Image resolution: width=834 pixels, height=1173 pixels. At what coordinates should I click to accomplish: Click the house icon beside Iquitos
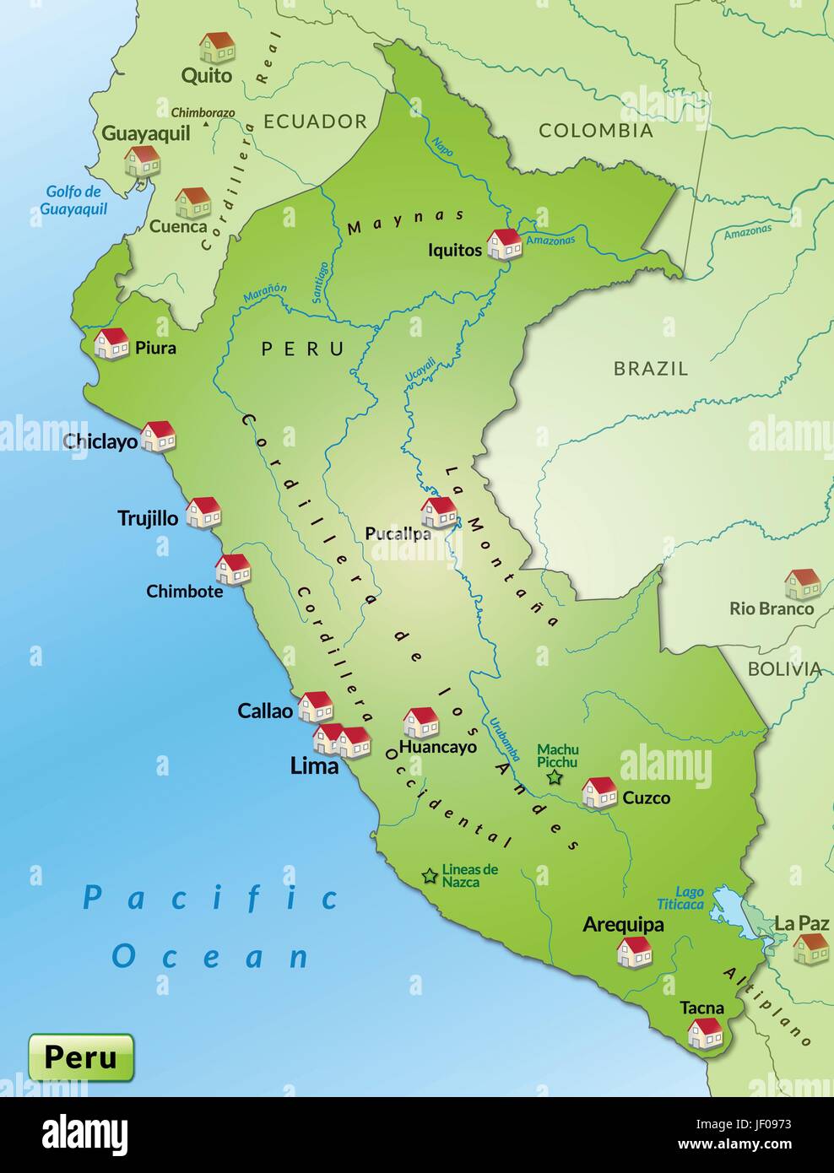pos(505,243)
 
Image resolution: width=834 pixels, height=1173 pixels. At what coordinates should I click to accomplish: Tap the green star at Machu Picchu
pos(555,777)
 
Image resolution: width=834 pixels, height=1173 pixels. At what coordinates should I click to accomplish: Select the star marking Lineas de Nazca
pos(430,876)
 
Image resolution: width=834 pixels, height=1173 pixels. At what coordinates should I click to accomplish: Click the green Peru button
pos(81,1057)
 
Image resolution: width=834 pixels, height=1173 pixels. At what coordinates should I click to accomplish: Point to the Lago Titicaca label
pos(680,898)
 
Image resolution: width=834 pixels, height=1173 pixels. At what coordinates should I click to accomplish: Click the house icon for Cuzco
pos(599,792)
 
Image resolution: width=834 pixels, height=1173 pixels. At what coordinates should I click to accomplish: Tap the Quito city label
pos(207,75)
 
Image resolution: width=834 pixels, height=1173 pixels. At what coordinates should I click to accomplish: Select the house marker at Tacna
pos(705,1032)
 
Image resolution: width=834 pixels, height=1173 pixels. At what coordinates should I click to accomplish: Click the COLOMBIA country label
pos(596,130)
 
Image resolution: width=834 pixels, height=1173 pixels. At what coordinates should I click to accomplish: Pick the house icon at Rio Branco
pos(802,583)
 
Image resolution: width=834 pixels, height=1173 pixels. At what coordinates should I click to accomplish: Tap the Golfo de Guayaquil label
pos(74,200)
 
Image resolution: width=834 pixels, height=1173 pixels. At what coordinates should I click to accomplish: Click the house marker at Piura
pos(111,343)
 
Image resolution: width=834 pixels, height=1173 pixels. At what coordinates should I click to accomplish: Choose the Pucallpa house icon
pos(439,511)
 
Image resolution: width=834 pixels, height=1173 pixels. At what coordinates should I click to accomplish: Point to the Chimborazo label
pos(203,112)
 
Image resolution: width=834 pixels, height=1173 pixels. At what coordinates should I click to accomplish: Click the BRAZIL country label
pos(651,368)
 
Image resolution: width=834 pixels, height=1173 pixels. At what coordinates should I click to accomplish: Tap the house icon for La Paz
pos(810,949)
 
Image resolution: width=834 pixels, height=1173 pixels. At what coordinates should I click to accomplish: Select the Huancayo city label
pos(437,746)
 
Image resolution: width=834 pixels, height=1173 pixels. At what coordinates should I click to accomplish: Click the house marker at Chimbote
pos(233,569)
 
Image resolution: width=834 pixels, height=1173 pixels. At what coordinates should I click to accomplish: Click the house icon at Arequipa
pos(634,951)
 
